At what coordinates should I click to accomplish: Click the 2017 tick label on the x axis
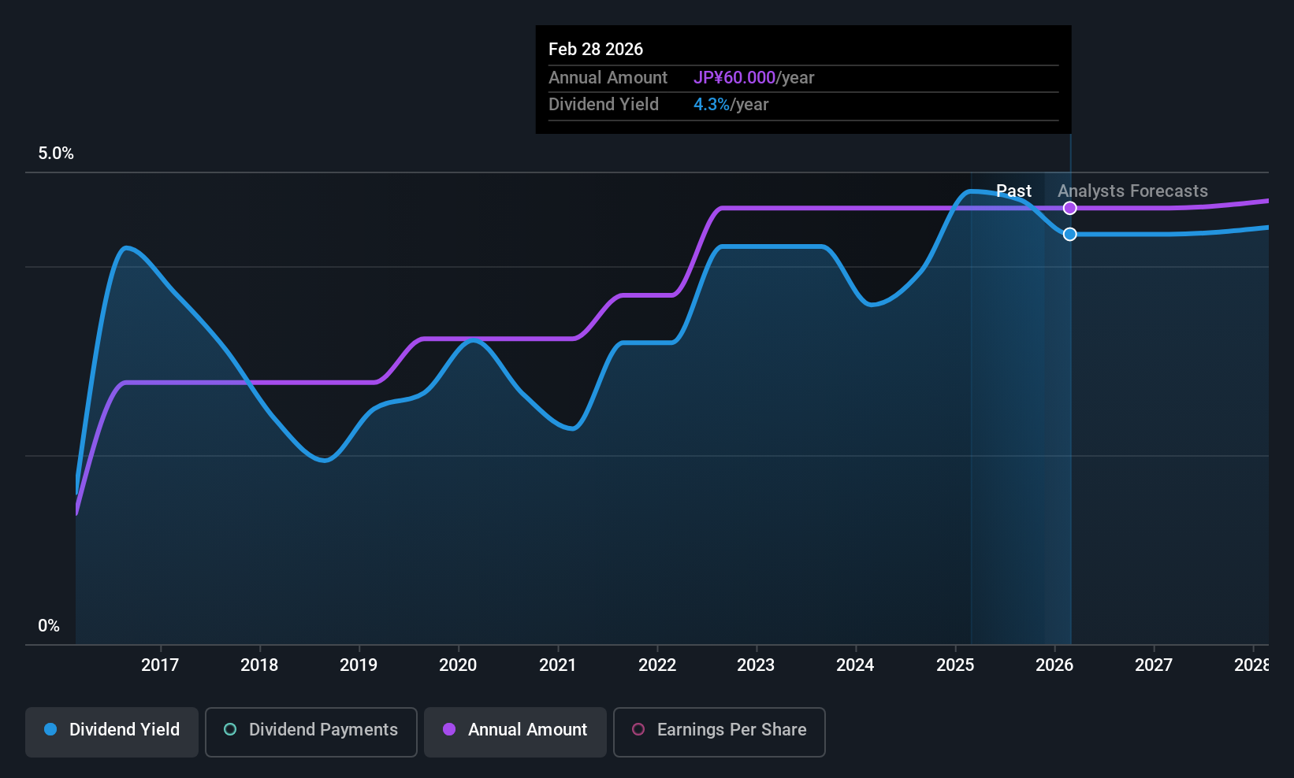tap(160, 665)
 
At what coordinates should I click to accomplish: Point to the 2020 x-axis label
tap(458, 665)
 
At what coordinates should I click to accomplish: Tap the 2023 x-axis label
tap(756, 665)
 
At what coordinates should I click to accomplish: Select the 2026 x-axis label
tap(1054, 665)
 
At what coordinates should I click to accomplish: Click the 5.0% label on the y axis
tap(56, 154)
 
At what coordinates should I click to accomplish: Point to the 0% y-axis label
tap(49, 626)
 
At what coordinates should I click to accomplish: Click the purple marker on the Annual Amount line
tap(1069, 208)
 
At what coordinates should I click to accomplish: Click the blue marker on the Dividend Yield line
tap(1069, 234)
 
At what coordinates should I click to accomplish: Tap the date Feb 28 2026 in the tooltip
tap(596, 49)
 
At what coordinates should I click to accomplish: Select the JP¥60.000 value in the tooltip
tap(734, 78)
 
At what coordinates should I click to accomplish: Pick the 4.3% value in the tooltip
tap(712, 105)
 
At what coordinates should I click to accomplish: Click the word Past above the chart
tap(1013, 191)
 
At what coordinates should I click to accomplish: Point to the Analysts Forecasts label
tap(1132, 191)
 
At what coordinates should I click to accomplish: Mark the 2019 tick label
tap(359, 665)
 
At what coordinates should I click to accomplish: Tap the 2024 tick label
tap(855, 665)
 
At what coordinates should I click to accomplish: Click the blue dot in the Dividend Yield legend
tap(50, 730)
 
